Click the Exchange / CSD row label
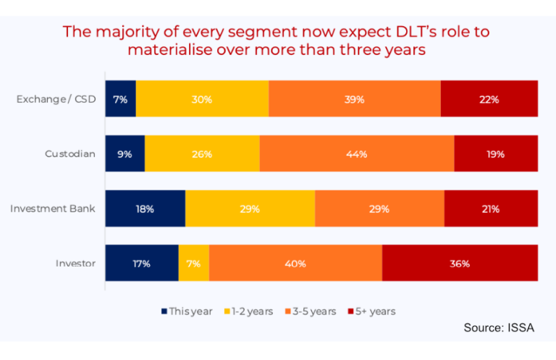tap(56, 99)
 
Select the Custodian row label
tap(70, 154)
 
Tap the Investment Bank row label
tap(53, 209)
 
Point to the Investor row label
tap(75, 263)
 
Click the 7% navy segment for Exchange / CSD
tap(120, 99)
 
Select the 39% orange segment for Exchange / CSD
tap(354, 99)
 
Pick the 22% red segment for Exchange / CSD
tap(489, 99)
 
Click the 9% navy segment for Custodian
tap(125, 154)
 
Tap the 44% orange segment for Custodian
tap(356, 154)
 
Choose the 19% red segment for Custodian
tap(495, 154)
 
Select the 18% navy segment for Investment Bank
tap(145, 209)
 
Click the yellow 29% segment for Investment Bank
tap(250, 209)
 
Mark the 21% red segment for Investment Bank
tap(491, 209)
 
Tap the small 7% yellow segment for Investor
tap(193, 263)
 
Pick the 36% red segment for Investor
tap(459, 263)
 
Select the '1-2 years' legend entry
tap(248, 311)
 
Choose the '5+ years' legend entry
tap(371, 311)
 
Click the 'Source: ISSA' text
tap(498, 328)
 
